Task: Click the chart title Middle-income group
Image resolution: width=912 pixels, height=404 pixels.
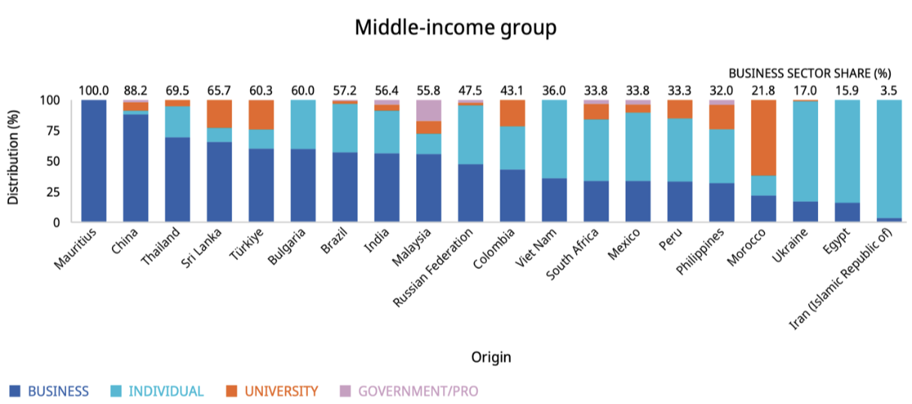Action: tap(455, 28)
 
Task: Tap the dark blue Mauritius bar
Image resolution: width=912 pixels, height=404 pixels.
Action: tap(93, 161)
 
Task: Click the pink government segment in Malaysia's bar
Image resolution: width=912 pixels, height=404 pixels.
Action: tap(429, 110)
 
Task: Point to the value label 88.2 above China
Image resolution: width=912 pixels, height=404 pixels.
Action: tap(135, 91)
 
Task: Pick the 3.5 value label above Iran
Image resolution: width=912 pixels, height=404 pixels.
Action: tap(889, 91)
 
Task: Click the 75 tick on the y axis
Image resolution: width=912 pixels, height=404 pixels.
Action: tap(53, 131)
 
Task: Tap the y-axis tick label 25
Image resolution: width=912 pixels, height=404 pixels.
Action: tap(53, 192)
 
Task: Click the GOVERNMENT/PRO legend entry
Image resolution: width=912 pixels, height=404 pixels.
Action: tap(418, 391)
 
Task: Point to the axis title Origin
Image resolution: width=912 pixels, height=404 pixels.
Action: tap(491, 357)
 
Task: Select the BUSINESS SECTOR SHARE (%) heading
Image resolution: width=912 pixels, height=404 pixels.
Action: tap(810, 74)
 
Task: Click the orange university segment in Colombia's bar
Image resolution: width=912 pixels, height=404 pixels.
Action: tap(512, 113)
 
